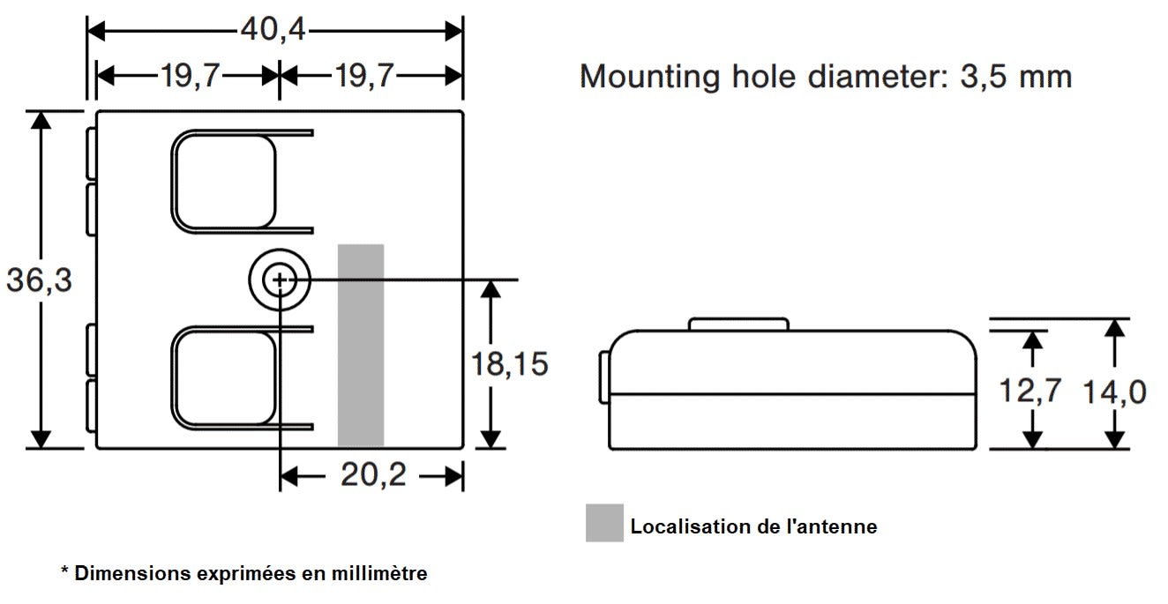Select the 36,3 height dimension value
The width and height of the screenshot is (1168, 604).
point(39,280)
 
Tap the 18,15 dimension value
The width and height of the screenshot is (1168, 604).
point(510,363)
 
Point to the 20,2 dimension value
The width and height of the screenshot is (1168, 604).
point(373,476)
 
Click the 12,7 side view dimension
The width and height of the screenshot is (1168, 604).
point(1030,390)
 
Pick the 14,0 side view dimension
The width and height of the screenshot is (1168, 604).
point(1115,391)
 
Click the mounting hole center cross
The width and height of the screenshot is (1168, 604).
point(280,280)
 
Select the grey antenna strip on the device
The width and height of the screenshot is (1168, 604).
point(361,344)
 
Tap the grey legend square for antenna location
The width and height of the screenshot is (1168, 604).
point(604,523)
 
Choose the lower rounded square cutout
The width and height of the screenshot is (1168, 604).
point(225,377)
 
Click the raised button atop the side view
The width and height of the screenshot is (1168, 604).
point(737,324)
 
